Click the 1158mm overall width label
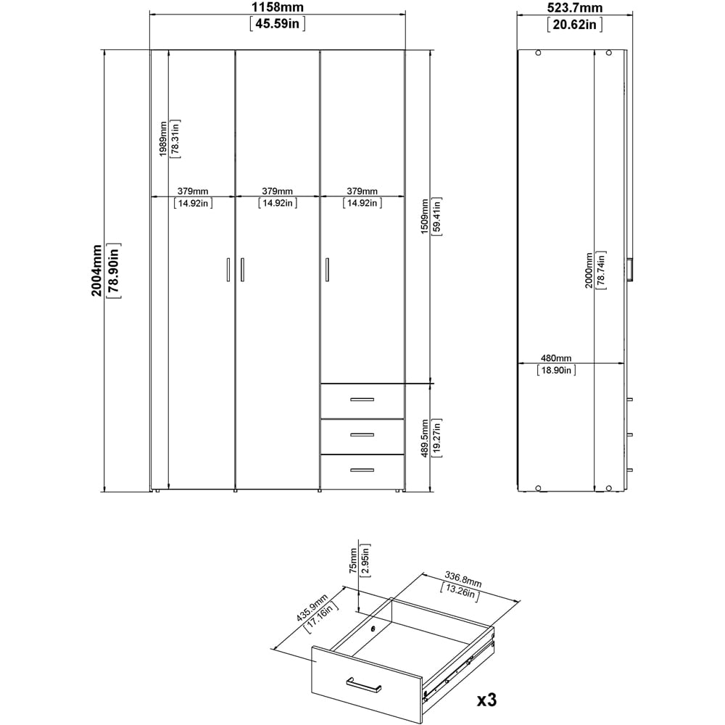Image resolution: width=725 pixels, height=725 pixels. point(278,9)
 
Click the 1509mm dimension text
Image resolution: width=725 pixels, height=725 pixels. point(428,215)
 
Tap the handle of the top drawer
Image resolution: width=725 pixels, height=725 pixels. point(362,399)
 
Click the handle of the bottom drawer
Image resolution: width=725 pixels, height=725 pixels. point(362,470)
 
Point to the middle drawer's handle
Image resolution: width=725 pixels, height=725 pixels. point(362,434)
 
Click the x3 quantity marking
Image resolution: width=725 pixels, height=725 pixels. point(482,701)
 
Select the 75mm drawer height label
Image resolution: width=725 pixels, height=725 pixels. point(353,560)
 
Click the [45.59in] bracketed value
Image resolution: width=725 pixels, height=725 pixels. point(278,24)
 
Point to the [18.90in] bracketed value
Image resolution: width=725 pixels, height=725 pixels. point(556,370)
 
